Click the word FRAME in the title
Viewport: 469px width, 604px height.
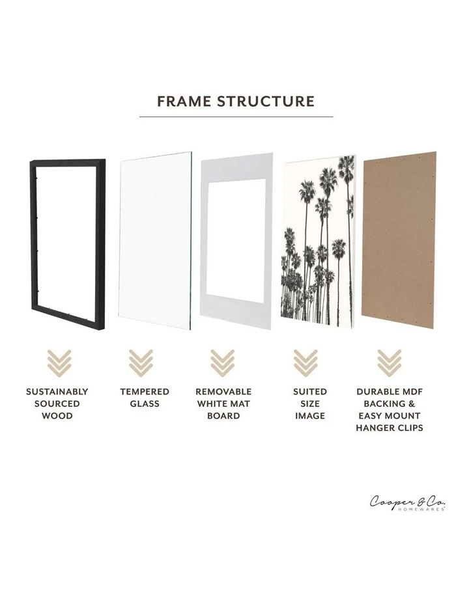[x=184, y=102]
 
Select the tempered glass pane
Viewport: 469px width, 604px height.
[x=155, y=241]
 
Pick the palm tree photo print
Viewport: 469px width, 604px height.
[x=318, y=241]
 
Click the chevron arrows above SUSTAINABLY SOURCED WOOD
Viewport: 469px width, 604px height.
[x=57, y=363]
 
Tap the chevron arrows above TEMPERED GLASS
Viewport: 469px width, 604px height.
[x=140, y=363]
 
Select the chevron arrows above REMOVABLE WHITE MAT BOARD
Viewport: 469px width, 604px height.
[x=223, y=363]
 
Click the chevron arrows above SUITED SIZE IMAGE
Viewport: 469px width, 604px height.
[x=305, y=363]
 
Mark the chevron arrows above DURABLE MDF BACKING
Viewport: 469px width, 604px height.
[x=389, y=363]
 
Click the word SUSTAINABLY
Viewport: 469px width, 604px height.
[x=57, y=392]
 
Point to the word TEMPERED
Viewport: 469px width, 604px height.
[x=145, y=392]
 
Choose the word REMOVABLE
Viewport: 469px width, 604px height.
[x=223, y=392]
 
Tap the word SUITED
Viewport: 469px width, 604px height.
[x=310, y=392]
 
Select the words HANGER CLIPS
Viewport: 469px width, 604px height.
[x=390, y=428]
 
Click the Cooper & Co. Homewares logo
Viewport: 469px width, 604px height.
[x=408, y=503]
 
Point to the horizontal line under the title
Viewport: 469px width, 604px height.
[x=236, y=117]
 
